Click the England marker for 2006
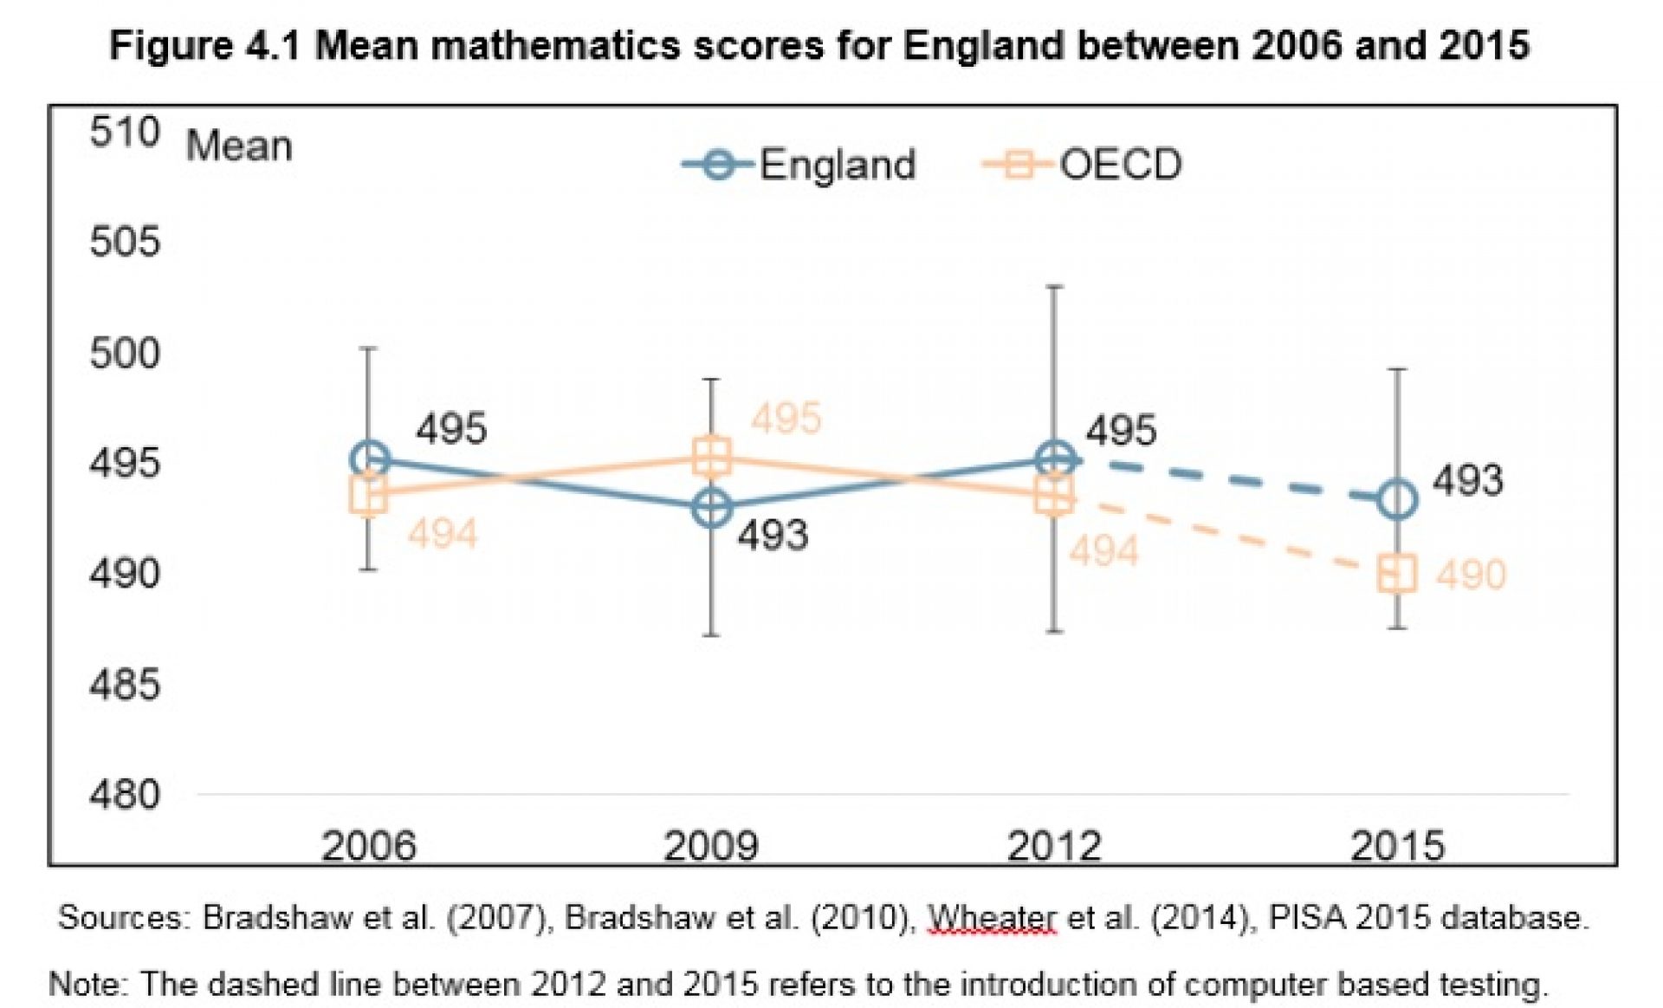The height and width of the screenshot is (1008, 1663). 370,459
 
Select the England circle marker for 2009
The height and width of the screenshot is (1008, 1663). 712,508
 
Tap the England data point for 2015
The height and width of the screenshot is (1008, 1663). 1397,500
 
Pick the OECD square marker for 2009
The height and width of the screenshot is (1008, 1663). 712,457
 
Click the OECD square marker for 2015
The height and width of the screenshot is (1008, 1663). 1397,574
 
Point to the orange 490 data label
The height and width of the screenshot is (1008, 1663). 1471,575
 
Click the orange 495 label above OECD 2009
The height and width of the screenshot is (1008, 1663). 786,419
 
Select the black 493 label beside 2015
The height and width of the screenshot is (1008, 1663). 1467,481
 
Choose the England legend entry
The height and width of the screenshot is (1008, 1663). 801,165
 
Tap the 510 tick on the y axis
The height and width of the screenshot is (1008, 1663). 125,133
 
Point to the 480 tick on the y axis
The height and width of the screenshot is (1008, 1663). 125,795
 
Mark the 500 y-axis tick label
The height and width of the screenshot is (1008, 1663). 125,354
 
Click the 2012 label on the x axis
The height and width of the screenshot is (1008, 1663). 1053,845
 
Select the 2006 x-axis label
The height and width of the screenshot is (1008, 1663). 369,845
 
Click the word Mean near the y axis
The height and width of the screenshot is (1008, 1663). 239,146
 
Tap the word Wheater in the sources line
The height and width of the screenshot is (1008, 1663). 992,918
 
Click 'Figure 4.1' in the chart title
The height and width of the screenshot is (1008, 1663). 204,45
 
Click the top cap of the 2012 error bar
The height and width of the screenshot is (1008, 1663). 1054,286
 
